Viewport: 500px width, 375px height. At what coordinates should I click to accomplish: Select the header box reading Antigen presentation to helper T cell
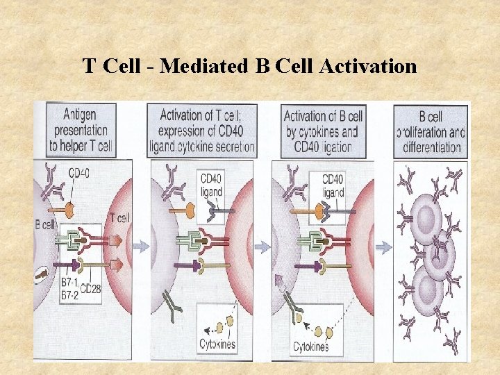click(78, 129)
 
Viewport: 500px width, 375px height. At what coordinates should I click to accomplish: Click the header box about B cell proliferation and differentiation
click(431, 131)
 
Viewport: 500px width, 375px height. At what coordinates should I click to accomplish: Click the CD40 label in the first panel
click(81, 173)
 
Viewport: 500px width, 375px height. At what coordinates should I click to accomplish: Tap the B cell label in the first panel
click(45, 224)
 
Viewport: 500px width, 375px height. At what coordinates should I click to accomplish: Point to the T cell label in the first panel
click(119, 218)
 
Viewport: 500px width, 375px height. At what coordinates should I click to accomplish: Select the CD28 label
click(91, 288)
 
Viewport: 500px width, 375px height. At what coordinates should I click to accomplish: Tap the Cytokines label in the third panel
click(310, 347)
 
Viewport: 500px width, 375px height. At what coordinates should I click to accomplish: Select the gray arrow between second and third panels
click(262, 246)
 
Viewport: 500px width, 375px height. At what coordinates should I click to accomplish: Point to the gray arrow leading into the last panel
click(383, 246)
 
